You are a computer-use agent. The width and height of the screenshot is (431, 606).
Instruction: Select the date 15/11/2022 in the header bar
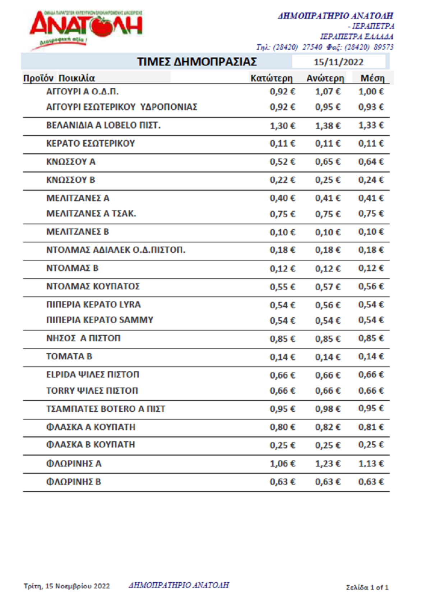[x=338, y=62]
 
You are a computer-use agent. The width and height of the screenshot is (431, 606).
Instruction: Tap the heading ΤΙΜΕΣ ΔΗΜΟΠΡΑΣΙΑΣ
[x=197, y=62]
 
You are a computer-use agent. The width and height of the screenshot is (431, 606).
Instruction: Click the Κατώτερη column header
[x=271, y=78]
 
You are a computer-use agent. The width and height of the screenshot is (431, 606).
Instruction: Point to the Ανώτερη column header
[x=325, y=78]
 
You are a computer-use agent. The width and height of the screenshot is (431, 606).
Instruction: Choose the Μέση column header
[x=372, y=78]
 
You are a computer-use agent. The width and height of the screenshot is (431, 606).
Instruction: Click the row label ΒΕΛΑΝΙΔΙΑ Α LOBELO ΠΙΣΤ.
[x=103, y=125]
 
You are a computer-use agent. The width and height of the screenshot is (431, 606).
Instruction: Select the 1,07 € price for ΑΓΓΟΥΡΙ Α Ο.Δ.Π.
[x=328, y=92]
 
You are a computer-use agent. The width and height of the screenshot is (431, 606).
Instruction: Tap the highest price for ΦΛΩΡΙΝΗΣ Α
[x=328, y=464]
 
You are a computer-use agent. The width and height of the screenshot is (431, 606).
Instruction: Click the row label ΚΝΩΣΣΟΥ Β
[x=71, y=180]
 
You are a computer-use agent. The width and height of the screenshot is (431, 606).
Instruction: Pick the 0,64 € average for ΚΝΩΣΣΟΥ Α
[x=371, y=162]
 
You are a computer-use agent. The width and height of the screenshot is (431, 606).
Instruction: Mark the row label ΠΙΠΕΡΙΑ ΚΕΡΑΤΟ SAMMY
[x=100, y=320]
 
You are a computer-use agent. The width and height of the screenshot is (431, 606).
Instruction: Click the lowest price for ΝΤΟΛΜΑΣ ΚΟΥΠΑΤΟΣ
[x=282, y=287]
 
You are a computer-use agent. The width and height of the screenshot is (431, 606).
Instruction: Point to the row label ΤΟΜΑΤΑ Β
[x=69, y=357]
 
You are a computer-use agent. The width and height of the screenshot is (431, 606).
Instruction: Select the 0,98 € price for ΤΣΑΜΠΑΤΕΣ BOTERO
[x=328, y=409]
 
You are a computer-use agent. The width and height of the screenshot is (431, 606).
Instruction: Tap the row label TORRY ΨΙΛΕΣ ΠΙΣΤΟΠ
[x=92, y=391]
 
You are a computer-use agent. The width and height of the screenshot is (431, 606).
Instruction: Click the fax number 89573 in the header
[x=383, y=47]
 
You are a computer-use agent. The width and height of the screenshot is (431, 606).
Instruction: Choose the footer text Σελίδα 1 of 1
[x=367, y=587]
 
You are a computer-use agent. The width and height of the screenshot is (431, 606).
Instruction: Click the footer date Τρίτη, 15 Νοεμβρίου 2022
[x=67, y=586]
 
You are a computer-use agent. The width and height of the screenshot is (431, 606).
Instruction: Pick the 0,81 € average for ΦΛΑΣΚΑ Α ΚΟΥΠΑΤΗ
[x=371, y=427]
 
